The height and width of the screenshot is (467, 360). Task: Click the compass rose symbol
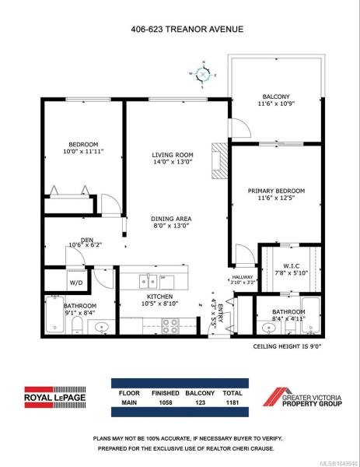203,75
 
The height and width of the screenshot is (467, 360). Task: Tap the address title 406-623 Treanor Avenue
187,30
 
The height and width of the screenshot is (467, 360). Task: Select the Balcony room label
276,97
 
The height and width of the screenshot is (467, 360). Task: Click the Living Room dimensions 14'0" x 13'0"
173,162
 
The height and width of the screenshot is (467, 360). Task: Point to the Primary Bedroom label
276,191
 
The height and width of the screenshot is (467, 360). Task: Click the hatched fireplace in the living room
219,161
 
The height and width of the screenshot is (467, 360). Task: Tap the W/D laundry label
76,283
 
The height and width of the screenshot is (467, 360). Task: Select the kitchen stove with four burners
170,326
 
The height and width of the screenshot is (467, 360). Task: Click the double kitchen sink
149,282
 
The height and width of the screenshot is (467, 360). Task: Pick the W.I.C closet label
292,265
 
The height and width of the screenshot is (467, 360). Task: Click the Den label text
87,240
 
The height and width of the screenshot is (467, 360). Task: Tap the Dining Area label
171,219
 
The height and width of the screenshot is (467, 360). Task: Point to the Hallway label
243,277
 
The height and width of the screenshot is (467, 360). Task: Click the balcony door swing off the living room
241,128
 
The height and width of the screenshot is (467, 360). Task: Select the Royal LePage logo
55,397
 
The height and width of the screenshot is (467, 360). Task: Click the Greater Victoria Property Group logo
302,397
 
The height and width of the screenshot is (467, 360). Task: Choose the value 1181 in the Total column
232,402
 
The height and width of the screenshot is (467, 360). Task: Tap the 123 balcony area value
201,402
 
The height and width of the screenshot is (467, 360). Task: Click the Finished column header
166,393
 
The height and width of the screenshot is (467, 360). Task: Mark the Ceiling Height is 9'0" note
288,346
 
